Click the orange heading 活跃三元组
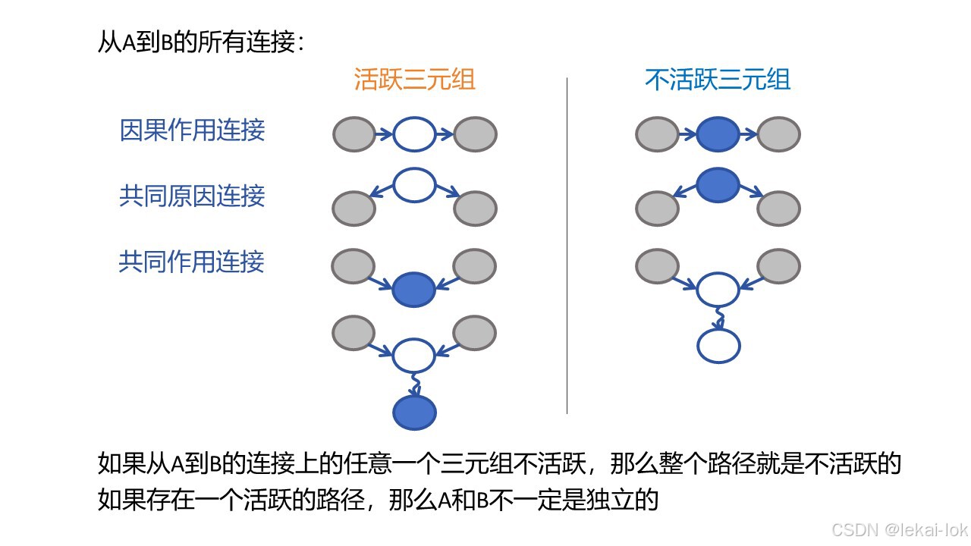pos(414,80)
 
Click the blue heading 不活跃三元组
pos(717,80)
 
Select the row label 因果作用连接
pos(192,130)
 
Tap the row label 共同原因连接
pos(192,196)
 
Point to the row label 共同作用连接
pos(192,262)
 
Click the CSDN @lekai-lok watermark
pos(899,529)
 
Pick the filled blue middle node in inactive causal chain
pos(718,135)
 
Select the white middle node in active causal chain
pos(414,135)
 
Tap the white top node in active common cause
pos(414,185)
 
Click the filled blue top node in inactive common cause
pos(718,185)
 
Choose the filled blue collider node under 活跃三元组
pos(414,289)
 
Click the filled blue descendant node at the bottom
pos(414,413)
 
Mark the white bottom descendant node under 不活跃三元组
pos(718,347)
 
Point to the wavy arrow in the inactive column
pos(718,318)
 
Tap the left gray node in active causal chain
pos(354,135)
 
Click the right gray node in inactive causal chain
pos(778,135)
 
